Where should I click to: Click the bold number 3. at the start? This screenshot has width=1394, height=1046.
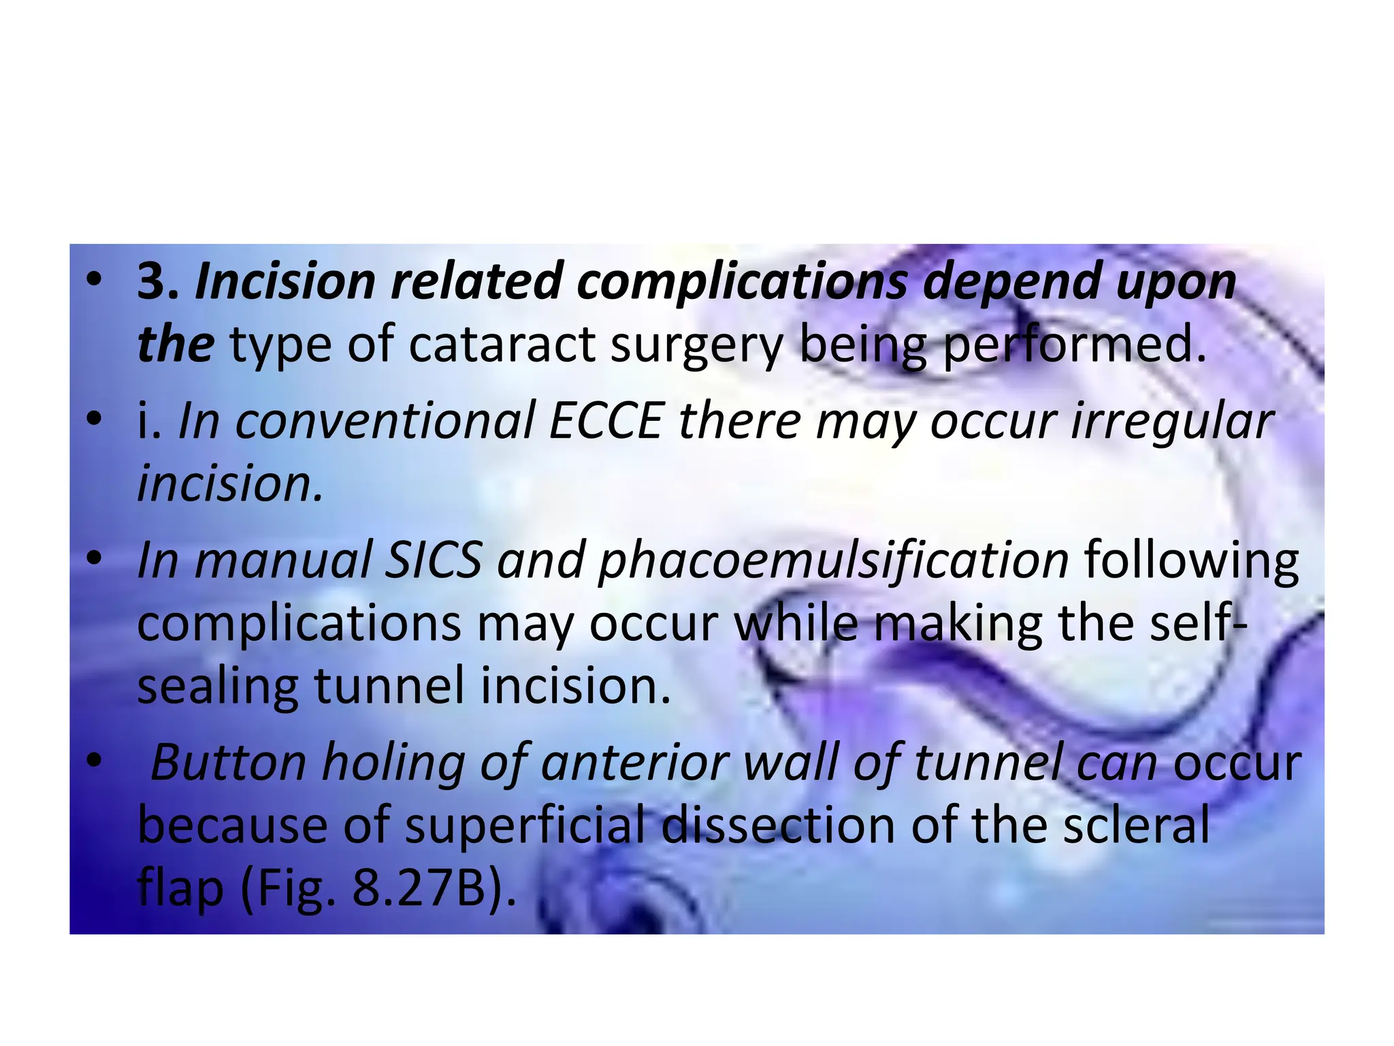click(158, 281)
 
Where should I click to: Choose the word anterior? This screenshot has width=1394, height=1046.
click(634, 763)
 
